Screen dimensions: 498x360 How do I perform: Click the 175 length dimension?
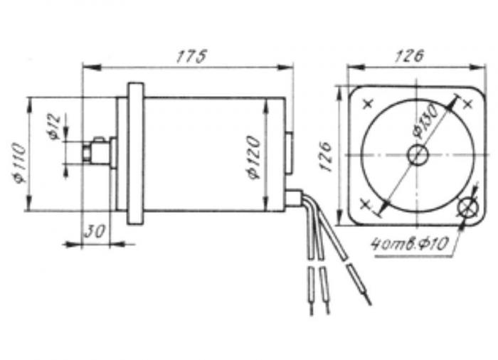[x=191, y=56]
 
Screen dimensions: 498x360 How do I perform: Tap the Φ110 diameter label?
[x=19, y=164]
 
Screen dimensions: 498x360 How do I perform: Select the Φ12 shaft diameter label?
[x=55, y=127]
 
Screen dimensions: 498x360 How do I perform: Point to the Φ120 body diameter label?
[x=255, y=157]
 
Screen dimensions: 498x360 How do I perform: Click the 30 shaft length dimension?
[x=95, y=231]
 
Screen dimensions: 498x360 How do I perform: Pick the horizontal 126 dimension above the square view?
[x=409, y=56]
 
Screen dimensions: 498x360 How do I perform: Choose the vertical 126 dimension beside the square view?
[x=325, y=157]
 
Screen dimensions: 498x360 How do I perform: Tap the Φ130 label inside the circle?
[x=427, y=122]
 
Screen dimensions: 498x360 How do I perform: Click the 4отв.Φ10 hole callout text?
[x=410, y=244]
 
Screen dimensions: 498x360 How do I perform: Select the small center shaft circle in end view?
[x=418, y=154]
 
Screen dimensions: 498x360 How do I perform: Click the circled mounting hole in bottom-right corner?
[x=468, y=208]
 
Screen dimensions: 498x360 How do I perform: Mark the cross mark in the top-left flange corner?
[x=368, y=104]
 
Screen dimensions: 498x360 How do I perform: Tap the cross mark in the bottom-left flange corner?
[x=366, y=204]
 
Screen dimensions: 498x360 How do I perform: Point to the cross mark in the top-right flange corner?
[x=468, y=104]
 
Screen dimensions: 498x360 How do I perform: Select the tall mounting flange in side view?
[x=135, y=154]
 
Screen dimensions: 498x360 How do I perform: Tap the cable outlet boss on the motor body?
[x=293, y=197]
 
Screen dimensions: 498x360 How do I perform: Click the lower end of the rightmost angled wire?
[x=370, y=304]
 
